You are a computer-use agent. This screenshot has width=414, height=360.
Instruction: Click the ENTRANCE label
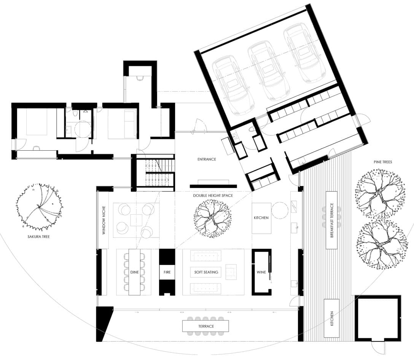coord(207,159)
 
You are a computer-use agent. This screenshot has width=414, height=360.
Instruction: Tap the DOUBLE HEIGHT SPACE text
coord(213,196)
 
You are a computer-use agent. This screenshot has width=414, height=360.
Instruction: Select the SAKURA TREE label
coord(38,237)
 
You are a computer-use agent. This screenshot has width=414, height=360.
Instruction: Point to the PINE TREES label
coord(383,162)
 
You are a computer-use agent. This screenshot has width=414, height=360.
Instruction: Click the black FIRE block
coord(167,272)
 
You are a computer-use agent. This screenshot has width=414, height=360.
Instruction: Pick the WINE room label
coord(261,272)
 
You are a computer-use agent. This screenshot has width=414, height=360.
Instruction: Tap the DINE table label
coord(134,272)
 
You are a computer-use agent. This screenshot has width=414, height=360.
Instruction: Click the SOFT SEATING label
coord(206,272)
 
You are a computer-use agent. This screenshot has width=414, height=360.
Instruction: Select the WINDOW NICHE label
coord(104,220)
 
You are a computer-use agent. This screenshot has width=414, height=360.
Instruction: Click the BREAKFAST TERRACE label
coord(332,220)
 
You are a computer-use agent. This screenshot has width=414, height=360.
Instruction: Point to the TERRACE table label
coord(206,327)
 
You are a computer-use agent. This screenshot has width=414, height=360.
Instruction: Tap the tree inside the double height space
coord(213,218)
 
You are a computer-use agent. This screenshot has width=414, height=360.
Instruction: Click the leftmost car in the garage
coord(232,85)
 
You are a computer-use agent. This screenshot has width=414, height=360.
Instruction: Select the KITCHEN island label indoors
coord(261,218)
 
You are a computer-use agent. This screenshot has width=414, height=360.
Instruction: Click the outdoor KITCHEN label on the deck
coord(332,318)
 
